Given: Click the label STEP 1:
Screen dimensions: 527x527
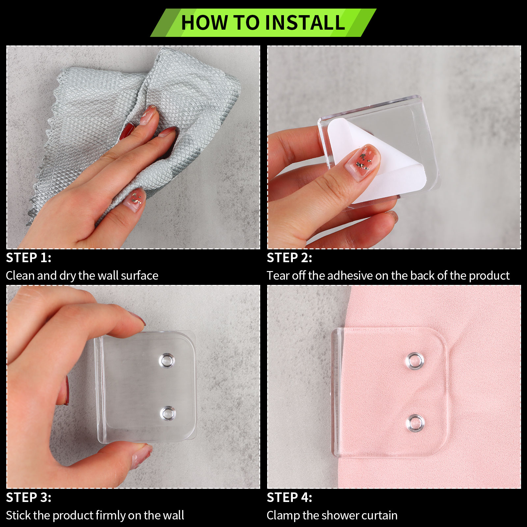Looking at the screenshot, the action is (x=29, y=258).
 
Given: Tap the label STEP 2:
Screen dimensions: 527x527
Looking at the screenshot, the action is (x=290, y=258).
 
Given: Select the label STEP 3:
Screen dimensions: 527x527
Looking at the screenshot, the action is (x=29, y=497).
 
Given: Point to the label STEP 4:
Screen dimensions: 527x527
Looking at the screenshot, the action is (x=290, y=497).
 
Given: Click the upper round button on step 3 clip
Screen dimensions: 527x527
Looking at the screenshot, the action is (x=167, y=361).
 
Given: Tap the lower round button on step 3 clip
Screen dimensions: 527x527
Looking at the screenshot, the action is (x=168, y=413).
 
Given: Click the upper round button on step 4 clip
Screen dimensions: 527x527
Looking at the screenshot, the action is (x=415, y=361).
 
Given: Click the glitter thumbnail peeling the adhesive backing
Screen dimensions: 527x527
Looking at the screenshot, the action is (x=363, y=161).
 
